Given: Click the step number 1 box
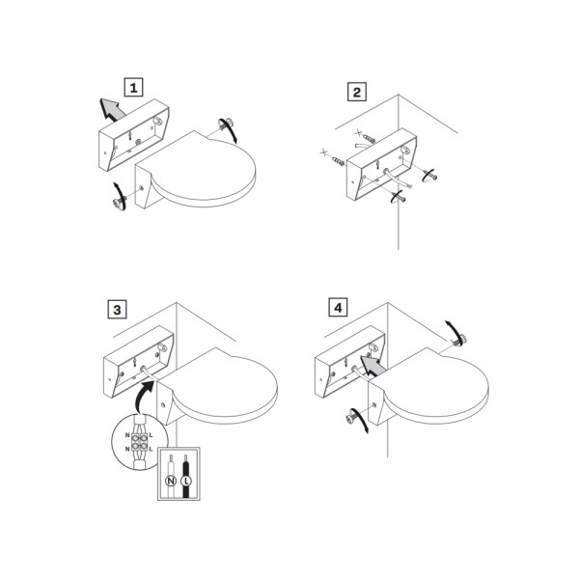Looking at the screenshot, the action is tap(133, 88).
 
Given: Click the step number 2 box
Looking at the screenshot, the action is tap(357, 92).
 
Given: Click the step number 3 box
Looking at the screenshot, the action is tap(117, 309).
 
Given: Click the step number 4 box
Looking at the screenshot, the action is tap(338, 307).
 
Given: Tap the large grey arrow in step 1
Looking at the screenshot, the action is tap(112, 109).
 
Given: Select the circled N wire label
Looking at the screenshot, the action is tap(171, 481).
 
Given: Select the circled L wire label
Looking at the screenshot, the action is tap(186, 481).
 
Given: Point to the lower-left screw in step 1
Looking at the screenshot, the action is tap(120, 202).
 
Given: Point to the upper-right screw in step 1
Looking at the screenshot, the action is tap(226, 124).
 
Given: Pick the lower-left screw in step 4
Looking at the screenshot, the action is tap(351, 417).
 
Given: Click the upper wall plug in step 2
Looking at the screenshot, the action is tap(369, 138).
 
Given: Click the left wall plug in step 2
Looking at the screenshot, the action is tap(338, 160).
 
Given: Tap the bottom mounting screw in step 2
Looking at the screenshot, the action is tap(400, 198).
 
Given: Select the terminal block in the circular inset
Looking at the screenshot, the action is tap(139, 442).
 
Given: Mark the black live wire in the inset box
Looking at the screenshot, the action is tap(185, 477).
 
